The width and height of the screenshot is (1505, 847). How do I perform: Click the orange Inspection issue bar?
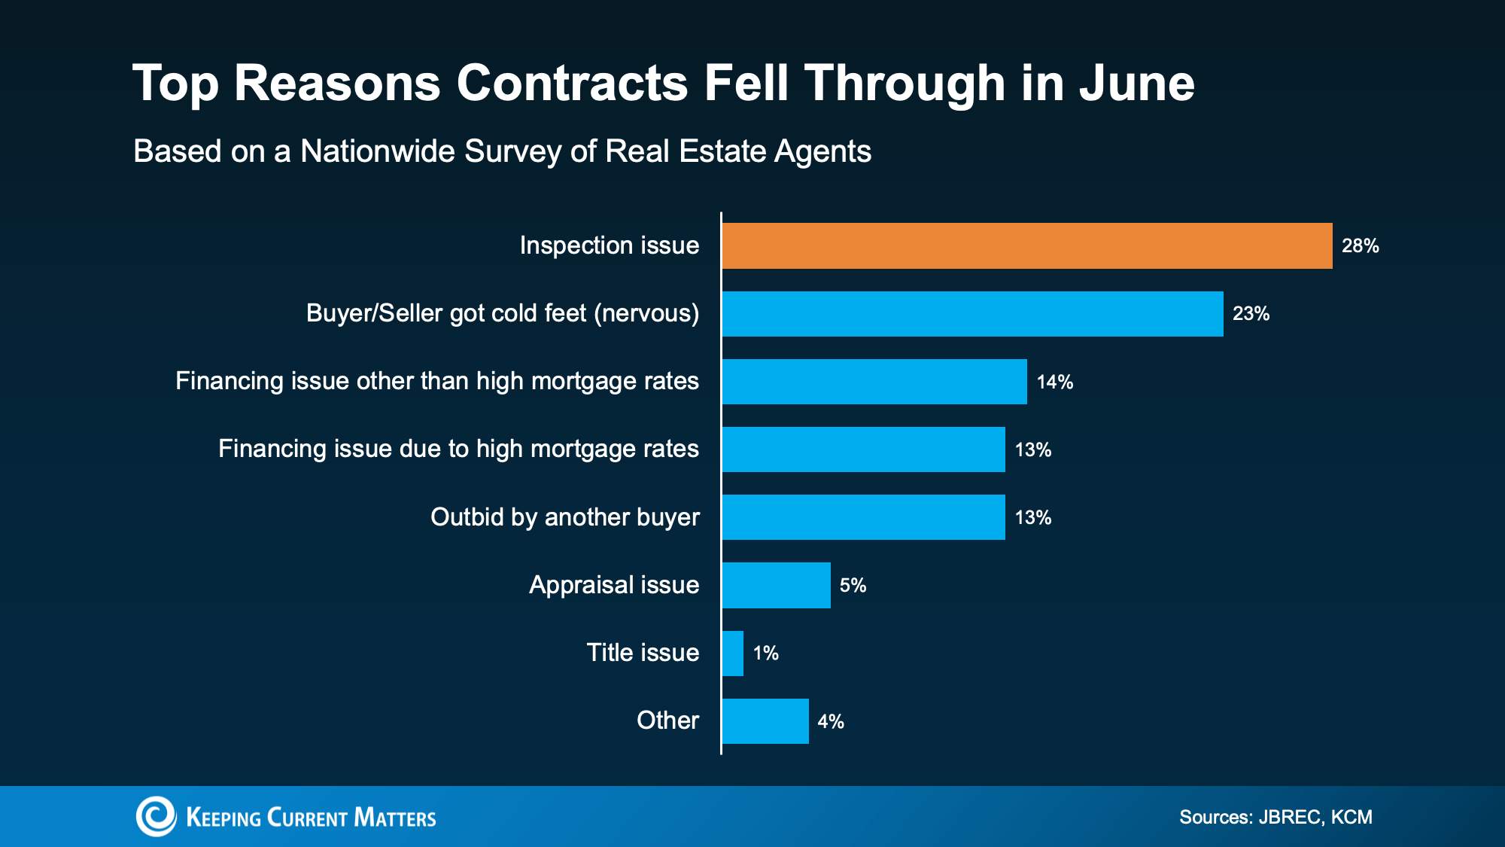(1026, 245)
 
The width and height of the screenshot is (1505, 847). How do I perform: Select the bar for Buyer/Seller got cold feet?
(972, 313)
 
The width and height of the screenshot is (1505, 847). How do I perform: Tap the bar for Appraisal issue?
(776, 585)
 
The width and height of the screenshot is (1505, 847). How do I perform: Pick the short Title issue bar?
(733, 653)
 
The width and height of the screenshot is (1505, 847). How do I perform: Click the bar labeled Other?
(765, 721)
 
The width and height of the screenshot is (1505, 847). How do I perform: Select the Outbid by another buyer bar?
(863, 517)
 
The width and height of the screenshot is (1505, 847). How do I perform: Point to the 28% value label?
(1360, 246)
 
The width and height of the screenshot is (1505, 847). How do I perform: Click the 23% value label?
(1251, 314)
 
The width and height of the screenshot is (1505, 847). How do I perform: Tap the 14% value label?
(1054, 382)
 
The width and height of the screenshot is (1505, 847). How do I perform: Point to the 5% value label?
(853, 586)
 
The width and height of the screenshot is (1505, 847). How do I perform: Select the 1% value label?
(765, 654)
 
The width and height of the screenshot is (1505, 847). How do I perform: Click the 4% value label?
(831, 721)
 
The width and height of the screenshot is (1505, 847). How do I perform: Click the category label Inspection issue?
(609, 245)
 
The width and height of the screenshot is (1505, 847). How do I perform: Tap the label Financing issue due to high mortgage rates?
(458, 449)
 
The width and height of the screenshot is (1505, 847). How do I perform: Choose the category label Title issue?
(643, 652)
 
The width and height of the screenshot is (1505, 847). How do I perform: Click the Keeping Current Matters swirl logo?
(156, 816)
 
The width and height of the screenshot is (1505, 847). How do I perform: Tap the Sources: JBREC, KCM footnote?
(1275, 817)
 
